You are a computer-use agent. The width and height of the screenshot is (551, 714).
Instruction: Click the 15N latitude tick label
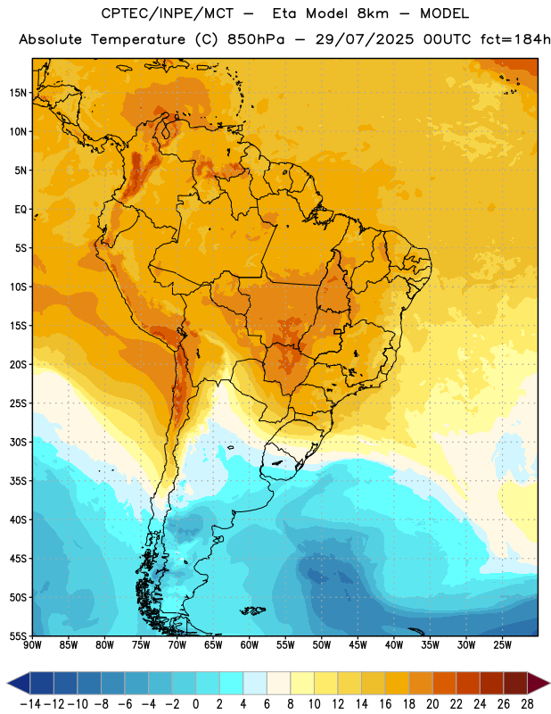coord(18,93)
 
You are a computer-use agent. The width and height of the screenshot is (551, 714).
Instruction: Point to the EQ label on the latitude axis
coord(21,210)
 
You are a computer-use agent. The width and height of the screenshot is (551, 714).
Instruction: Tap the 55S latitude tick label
coord(18,635)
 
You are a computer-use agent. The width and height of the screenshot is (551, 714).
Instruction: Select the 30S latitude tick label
coord(18,442)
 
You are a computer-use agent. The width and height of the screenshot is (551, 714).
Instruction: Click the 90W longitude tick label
coord(32,645)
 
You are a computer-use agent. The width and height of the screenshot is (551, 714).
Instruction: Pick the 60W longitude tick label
coord(250,645)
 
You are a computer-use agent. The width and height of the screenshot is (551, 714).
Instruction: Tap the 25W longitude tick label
coord(502,645)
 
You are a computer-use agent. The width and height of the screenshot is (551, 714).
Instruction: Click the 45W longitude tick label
coord(358,645)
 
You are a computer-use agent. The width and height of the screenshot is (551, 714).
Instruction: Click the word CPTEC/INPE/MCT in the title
coord(168,13)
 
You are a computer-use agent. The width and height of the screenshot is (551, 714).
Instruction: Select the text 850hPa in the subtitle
coord(256,39)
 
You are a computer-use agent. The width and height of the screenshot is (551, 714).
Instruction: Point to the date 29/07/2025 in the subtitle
coord(365,39)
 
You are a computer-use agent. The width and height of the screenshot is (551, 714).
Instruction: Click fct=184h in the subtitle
coord(515,39)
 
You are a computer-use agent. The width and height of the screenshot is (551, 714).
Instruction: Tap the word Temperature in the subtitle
coord(138,40)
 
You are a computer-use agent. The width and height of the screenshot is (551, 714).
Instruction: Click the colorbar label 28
coord(527,704)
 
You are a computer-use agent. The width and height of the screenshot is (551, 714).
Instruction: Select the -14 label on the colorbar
coord(31,704)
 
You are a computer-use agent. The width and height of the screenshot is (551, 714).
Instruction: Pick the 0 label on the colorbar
coord(195,704)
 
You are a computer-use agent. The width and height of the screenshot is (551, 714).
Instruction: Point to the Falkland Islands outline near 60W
coord(252,610)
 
